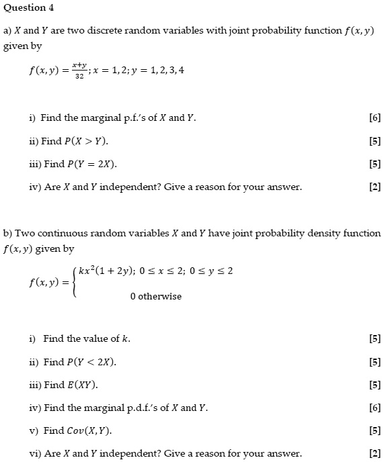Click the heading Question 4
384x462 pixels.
coord(28,8)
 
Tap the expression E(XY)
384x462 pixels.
coord(83,385)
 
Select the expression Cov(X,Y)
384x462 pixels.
coord(89,430)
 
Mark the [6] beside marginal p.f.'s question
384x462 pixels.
coord(375,118)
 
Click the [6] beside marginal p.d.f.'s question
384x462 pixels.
coord(375,408)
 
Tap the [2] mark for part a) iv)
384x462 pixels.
coord(375,187)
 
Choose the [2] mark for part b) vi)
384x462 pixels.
coord(375,453)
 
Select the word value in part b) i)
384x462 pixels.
coord(98,338)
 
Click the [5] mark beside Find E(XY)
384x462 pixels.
coord(375,385)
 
